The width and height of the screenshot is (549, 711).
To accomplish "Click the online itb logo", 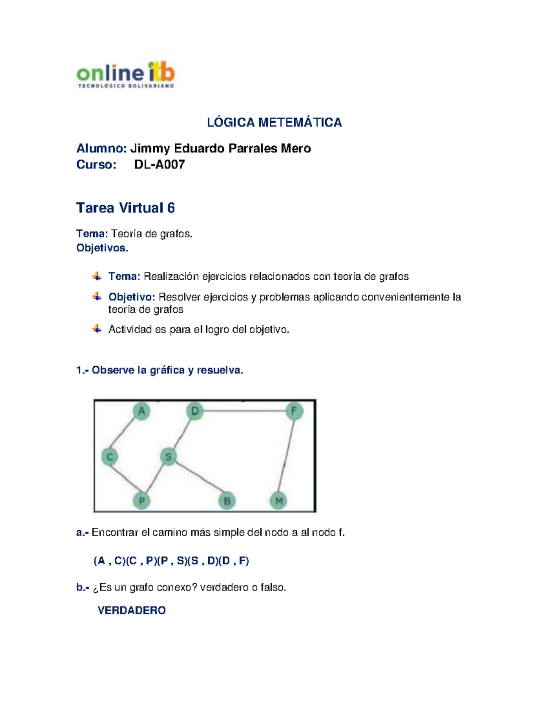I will pyautogui.click(x=125, y=75).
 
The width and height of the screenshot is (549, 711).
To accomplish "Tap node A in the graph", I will pyautogui.click(x=141, y=411).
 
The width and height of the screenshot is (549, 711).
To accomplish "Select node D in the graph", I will pyautogui.click(x=195, y=411).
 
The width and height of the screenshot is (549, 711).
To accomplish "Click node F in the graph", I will pyautogui.click(x=294, y=411).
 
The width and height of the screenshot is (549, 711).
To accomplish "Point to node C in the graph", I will pyautogui.click(x=110, y=456).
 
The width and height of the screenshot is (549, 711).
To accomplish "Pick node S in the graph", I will pyautogui.click(x=168, y=456).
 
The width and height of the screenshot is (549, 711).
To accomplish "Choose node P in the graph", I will pyautogui.click(x=141, y=501).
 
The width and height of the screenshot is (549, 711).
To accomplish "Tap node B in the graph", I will pyautogui.click(x=227, y=501).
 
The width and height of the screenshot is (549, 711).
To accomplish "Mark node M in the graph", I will pyautogui.click(x=279, y=501).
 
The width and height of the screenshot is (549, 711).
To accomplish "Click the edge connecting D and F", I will pyautogui.click(x=244, y=411).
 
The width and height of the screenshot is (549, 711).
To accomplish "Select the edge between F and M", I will pyautogui.click(x=286, y=456).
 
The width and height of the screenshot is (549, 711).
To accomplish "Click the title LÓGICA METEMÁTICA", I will pyautogui.click(x=274, y=123).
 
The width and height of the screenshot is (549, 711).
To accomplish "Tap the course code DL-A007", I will pyautogui.click(x=159, y=165).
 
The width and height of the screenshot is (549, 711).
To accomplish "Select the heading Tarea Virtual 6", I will pyautogui.click(x=125, y=208).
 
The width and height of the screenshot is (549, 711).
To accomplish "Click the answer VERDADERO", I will pyautogui.click(x=132, y=610).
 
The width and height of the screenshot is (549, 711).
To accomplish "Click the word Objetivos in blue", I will pyautogui.click(x=102, y=248).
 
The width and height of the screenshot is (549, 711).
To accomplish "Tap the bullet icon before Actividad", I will pyautogui.click(x=97, y=329).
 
